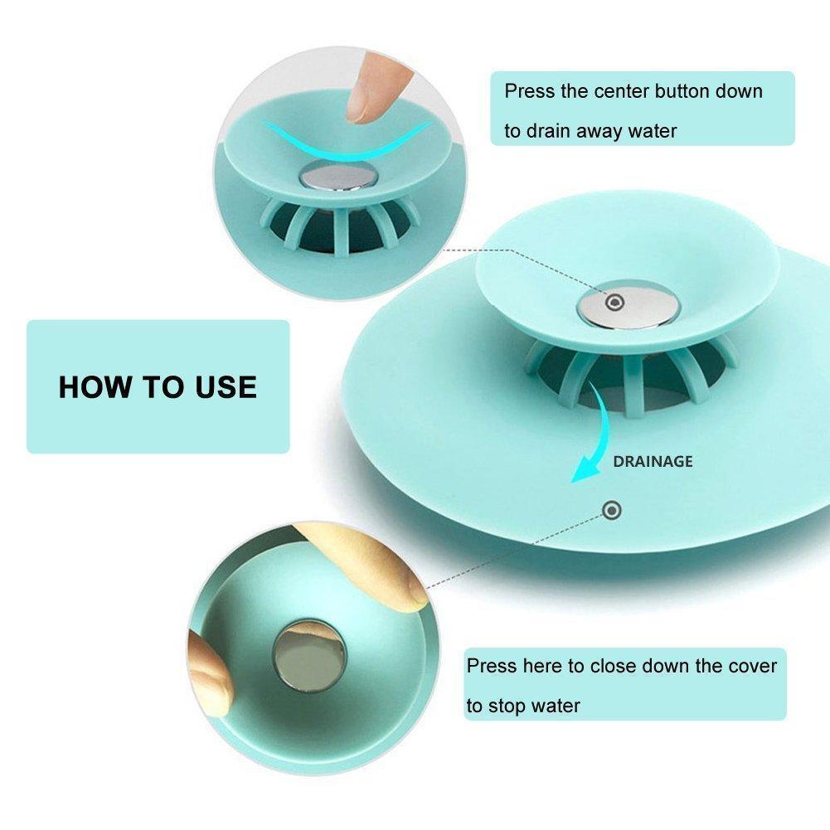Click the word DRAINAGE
pos(653,462)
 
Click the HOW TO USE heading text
pos(158,387)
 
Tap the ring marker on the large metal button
pos(612,303)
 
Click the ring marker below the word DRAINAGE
pos(612,510)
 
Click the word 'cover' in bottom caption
pos(751,666)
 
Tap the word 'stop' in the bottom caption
pos(508,706)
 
